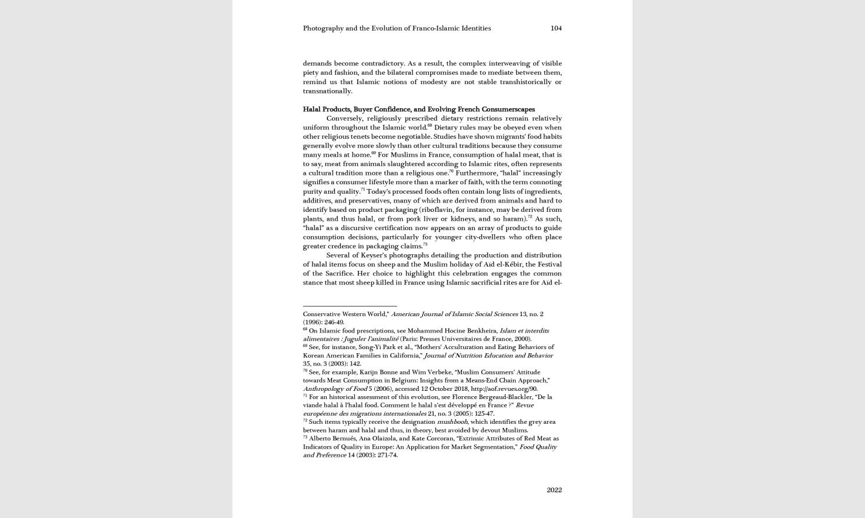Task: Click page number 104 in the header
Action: click(x=555, y=28)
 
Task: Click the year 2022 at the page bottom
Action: click(x=554, y=490)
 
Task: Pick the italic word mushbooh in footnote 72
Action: click(x=452, y=422)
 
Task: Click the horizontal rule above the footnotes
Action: click(x=350, y=306)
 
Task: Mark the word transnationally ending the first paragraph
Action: click(x=327, y=91)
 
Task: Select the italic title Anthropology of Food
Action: click(x=335, y=389)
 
